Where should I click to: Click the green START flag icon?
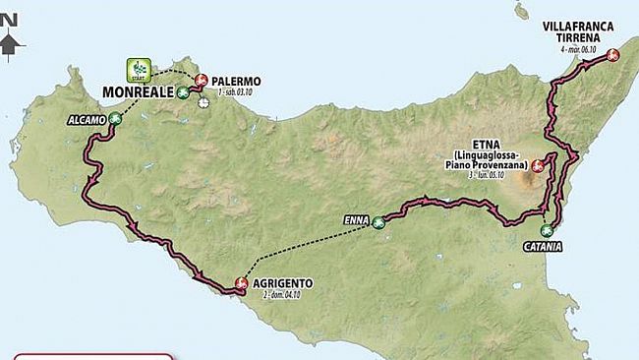(136, 70)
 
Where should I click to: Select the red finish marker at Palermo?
(201, 81)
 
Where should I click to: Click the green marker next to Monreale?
(183, 91)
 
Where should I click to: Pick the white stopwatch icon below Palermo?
(203, 99)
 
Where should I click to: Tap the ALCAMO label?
(87, 119)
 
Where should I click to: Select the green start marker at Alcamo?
(115, 119)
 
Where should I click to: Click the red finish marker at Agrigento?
(240, 284)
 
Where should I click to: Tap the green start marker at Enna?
(378, 222)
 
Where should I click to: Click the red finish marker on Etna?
(537, 166)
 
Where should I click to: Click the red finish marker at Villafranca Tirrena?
(612, 56)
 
